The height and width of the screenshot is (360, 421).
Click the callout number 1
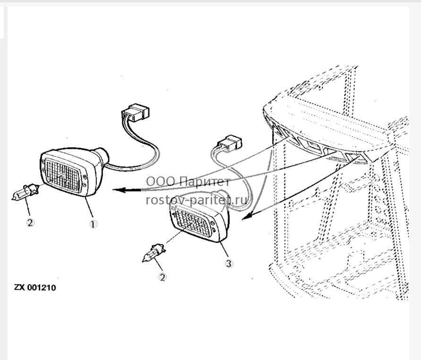pyautogui.click(x=93, y=224)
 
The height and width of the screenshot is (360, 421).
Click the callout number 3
pyautogui.click(x=229, y=263)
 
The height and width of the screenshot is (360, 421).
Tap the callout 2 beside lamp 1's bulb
pyautogui.click(x=30, y=222)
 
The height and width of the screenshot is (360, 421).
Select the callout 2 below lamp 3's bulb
pyautogui.click(x=162, y=277)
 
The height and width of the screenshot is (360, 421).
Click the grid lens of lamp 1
pyautogui.click(x=63, y=176)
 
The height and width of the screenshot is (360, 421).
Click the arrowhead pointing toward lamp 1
pyautogui.click(x=120, y=190)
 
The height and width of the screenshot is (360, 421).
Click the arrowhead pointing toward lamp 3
pyautogui.click(x=246, y=216)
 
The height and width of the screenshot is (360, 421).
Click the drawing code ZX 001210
pyautogui.click(x=35, y=288)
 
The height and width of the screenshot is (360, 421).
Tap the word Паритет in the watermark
pyautogui.click(x=204, y=182)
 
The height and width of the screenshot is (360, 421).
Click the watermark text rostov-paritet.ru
pyautogui.click(x=197, y=200)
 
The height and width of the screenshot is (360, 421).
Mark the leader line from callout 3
pyautogui.click(x=224, y=249)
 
